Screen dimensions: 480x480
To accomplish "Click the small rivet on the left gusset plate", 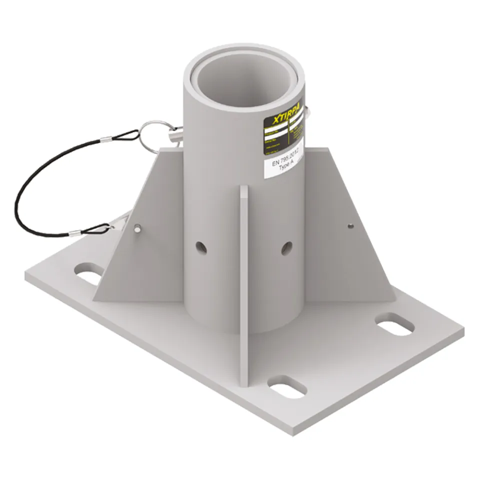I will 137,228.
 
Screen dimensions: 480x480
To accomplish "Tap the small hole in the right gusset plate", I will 350,225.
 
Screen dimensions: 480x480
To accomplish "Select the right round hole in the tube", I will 286,248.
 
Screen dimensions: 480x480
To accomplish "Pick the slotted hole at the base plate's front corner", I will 287,386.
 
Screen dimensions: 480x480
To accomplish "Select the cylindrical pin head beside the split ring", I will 174,134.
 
